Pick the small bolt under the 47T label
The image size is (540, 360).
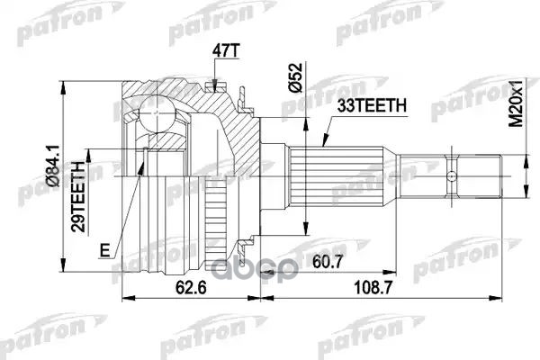pyautogui.click(x=212, y=87)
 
